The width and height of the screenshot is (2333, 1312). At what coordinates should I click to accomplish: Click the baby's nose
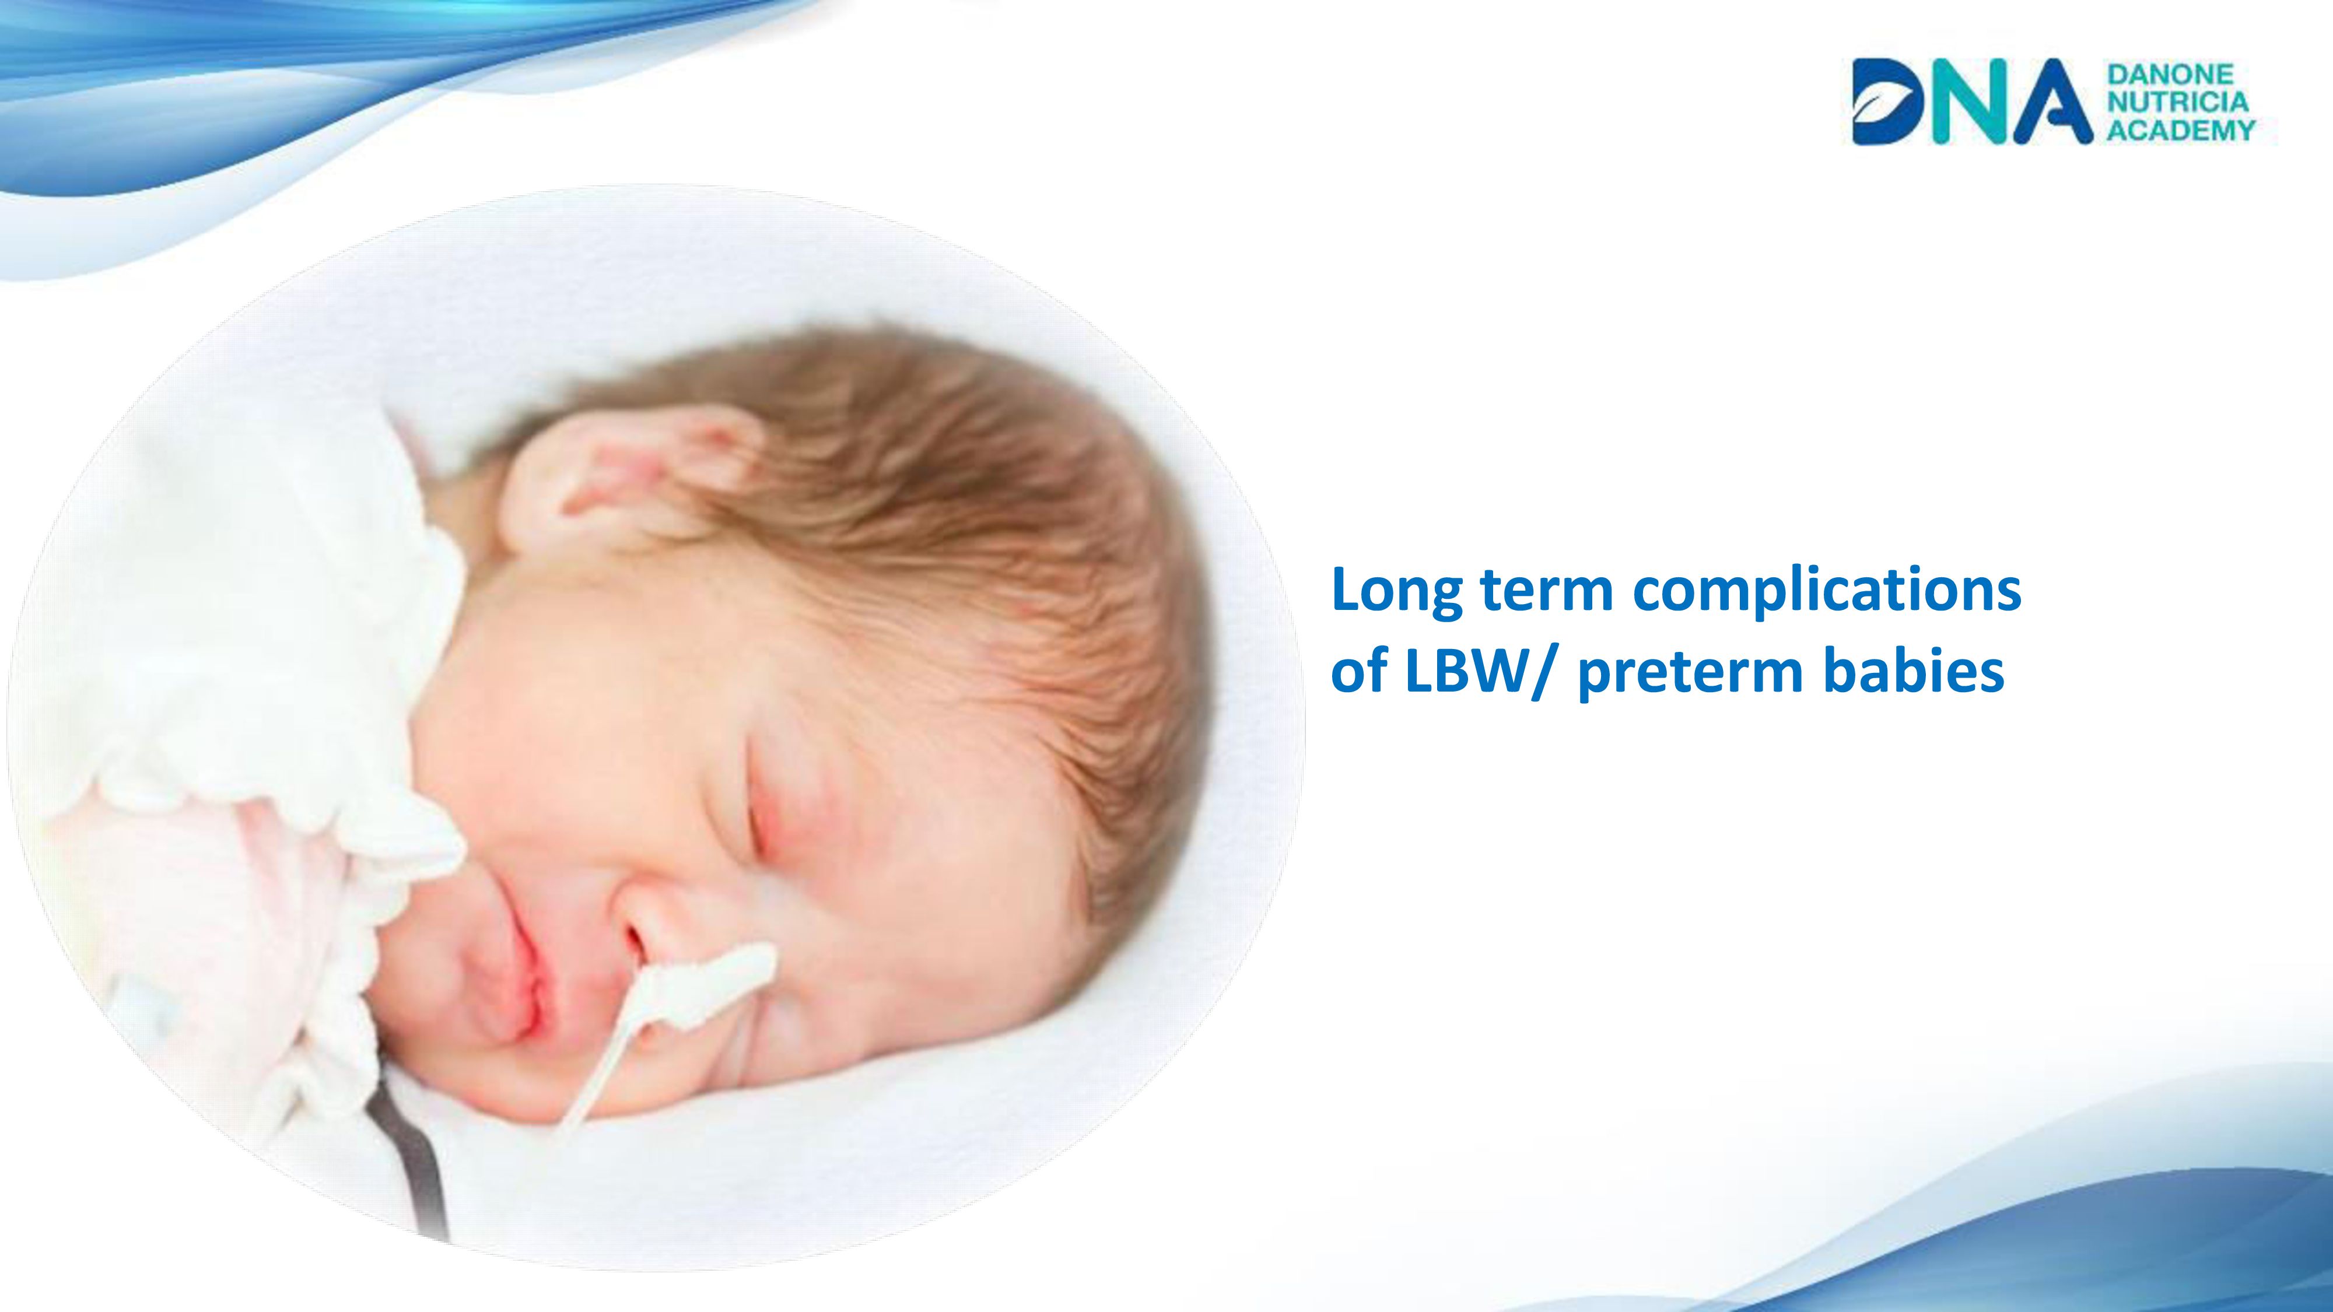(647, 914)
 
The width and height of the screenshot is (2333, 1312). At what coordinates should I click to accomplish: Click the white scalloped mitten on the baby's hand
(272, 634)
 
